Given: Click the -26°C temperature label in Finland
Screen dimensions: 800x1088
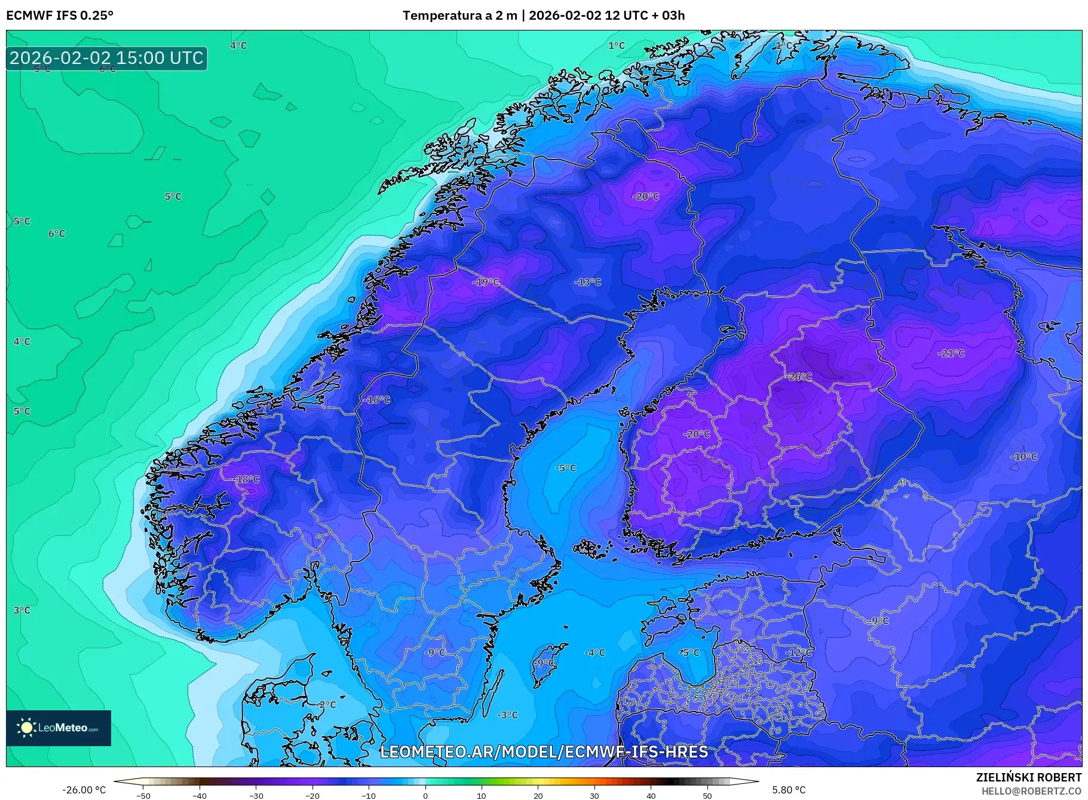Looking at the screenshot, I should point(799,377).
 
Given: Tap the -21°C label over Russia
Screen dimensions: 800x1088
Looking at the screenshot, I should point(951,353).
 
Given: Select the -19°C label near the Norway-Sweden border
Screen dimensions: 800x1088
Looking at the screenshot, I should point(486,282).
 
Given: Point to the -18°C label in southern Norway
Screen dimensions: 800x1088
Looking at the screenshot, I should point(247,480).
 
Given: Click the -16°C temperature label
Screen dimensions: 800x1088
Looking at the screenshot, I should point(378,400).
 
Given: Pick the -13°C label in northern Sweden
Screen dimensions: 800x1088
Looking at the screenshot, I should point(587,282).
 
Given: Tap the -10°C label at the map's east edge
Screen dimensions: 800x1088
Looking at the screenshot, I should point(1023,457).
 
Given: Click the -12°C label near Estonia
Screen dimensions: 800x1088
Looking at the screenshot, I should point(799,652).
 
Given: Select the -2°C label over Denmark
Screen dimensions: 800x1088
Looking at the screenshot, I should point(327,705).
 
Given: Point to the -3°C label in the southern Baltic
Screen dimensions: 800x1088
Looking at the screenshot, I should point(508,715).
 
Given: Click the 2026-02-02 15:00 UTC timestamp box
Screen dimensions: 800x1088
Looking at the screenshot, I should point(106,58).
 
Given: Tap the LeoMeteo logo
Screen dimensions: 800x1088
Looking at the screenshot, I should point(58,728).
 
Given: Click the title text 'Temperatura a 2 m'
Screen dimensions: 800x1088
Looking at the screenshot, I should point(459,16).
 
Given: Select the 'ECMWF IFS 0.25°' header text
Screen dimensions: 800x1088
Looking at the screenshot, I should point(60,16).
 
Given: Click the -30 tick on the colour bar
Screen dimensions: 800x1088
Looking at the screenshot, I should point(256,795).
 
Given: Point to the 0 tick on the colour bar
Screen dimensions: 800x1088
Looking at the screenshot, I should point(425,795).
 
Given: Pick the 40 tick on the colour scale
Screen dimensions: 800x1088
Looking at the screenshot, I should point(651,795).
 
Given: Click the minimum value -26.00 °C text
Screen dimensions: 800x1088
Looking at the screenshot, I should point(84,790).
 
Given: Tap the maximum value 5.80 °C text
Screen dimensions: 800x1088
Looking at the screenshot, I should point(789,790).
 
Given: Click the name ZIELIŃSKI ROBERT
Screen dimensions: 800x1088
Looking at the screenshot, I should point(1028,777).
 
